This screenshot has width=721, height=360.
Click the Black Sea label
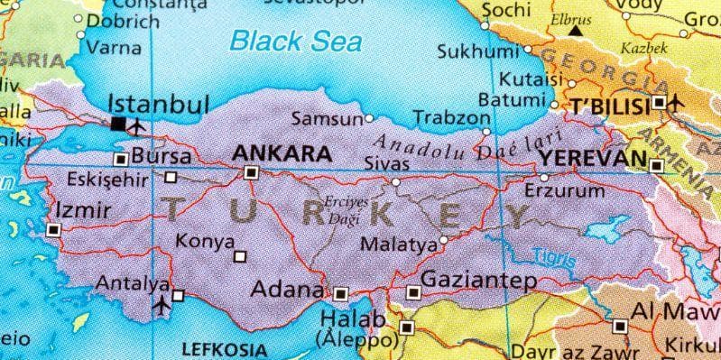point(295,41)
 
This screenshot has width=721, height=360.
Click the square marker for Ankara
point(251,172)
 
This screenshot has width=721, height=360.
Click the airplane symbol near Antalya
point(162,304)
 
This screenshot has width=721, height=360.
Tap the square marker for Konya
point(239,256)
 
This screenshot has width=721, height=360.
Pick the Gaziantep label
point(478,280)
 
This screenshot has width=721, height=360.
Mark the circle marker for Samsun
point(368,117)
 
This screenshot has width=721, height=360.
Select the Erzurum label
point(565,191)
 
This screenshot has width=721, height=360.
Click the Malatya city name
point(396,243)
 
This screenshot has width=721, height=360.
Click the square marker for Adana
point(340,293)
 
